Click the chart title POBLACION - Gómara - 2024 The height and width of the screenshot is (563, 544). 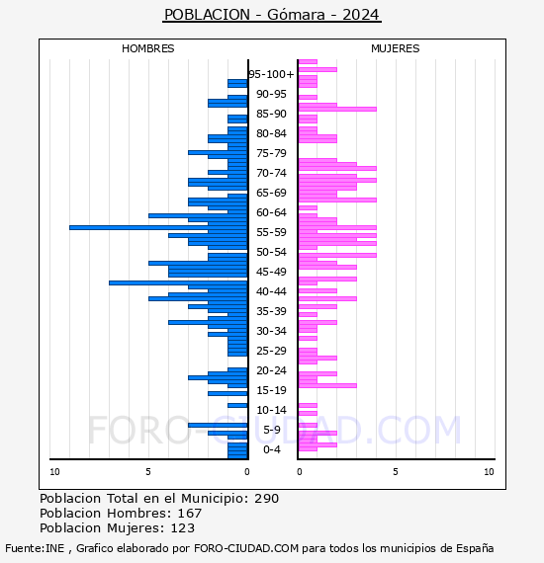click(271, 15)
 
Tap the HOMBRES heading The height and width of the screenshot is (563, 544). click(147, 48)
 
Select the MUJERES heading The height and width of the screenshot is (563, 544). click(396, 48)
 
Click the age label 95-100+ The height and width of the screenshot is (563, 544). click(271, 74)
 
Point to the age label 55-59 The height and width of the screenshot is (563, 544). click(271, 232)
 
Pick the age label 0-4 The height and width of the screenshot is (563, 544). click(271, 449)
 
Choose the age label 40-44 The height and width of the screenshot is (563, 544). click(271, 291)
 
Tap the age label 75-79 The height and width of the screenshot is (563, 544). click(271, 153)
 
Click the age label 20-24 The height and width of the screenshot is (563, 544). click(271, 370)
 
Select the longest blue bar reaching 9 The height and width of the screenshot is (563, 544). click(158, 227)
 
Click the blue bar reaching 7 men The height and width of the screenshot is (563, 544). click(178, 282)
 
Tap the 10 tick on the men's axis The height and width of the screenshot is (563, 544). click(54, 472)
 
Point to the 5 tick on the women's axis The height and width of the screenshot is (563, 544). click(396, 472)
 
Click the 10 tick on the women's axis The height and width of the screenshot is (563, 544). click(489, 472)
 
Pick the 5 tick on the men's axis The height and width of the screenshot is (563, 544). click(148, 472)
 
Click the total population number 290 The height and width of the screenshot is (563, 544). click(266, 499)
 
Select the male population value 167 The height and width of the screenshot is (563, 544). click(190, 514)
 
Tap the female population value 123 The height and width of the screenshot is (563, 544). click(183, 528)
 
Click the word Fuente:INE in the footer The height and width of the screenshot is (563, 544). click(35, 548)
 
